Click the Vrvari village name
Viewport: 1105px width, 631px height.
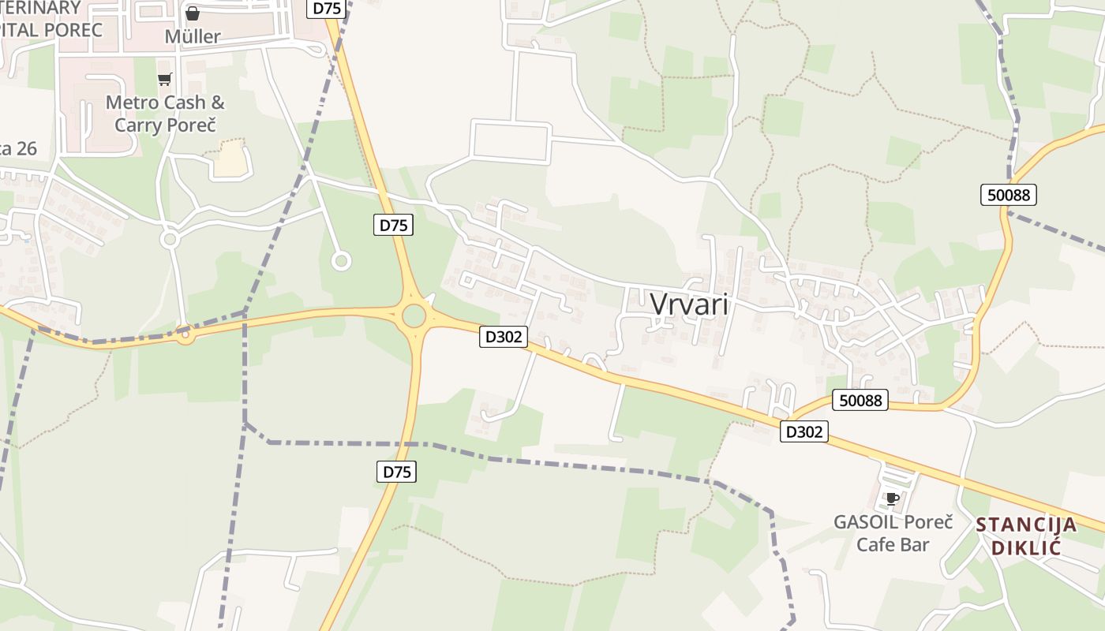689,304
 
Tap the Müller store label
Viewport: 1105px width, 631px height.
193,36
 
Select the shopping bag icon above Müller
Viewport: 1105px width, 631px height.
193,13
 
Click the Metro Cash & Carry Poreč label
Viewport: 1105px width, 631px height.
165,114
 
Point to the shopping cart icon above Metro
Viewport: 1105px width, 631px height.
164,79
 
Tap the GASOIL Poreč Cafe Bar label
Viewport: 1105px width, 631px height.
893,533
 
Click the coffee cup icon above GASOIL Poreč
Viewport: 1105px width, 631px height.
892,498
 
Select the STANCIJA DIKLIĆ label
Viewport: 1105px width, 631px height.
1026,536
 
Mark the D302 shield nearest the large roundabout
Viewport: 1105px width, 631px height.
504,337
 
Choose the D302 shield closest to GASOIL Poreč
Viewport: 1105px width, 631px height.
804,431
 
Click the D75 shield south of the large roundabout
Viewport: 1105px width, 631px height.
396,472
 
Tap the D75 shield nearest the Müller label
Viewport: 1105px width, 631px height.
327,9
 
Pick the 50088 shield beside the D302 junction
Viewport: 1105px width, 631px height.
860,400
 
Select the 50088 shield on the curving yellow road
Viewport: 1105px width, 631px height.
1009,195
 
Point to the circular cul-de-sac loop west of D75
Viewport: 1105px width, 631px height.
341,260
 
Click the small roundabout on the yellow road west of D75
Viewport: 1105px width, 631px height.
185,337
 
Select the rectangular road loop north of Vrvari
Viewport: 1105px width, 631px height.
511,142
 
